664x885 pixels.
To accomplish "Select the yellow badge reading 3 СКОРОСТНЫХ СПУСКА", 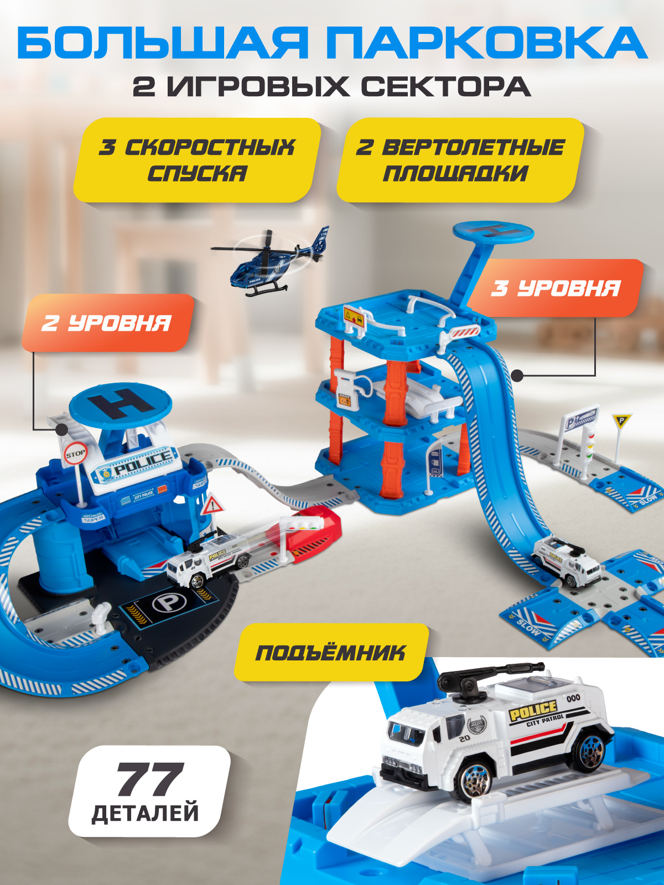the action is [x=197, y=160].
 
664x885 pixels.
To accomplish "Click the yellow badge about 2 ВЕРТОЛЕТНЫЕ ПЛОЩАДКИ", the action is [x=460, y=160].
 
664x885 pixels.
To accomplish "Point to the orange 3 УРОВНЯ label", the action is [x=555, y=288].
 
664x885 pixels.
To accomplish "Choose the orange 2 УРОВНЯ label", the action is [x=108, y=323].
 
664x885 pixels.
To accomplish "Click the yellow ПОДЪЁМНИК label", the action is [x=331, y=653].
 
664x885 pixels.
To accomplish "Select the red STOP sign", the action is [x=75, y=454].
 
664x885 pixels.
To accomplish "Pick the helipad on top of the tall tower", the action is [x=493, y=233].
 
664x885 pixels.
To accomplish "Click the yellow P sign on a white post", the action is [x=621, y=421].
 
